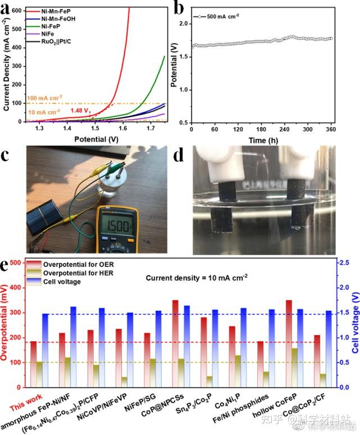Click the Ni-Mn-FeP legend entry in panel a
point(60,11)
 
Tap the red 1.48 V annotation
point(81,110)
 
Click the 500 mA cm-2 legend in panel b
point(222,16)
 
